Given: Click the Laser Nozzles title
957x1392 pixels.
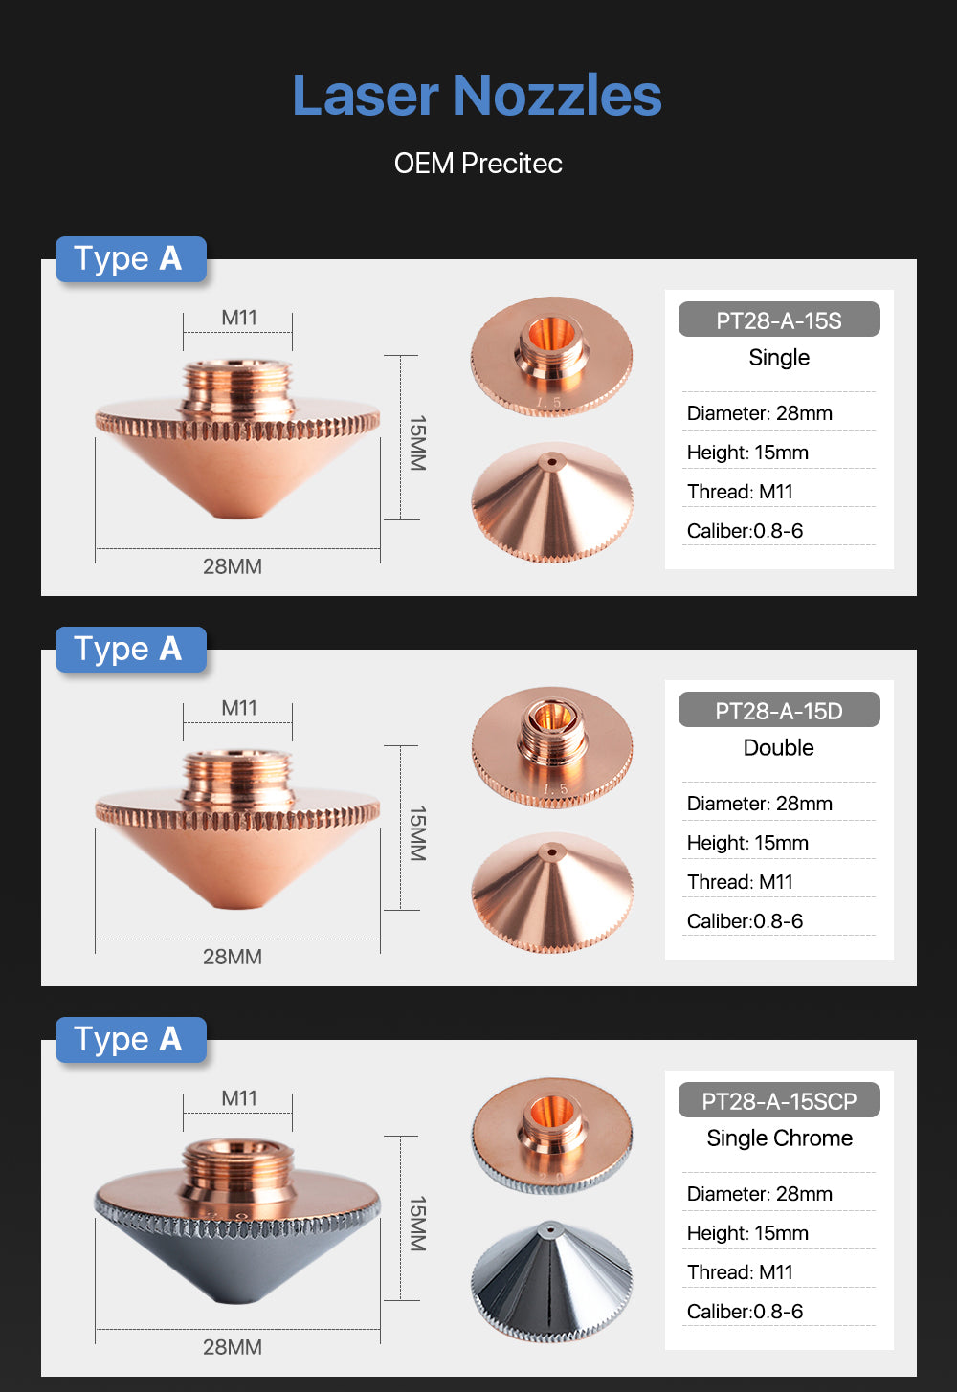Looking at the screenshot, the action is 478,95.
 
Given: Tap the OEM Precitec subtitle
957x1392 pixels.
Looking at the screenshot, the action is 478,164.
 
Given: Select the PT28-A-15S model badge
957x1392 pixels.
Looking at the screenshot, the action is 779,320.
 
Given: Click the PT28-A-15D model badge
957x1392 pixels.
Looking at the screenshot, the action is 779,710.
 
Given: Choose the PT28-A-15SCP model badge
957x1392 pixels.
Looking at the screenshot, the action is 779,1100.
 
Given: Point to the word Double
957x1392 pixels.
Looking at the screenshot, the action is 779,747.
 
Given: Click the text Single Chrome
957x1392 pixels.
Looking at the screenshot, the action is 779,1138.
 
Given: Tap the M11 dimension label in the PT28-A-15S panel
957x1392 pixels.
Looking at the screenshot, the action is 239,318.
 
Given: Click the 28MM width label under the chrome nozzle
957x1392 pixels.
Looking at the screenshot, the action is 233,1347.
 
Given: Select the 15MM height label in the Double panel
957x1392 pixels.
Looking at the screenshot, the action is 417,833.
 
